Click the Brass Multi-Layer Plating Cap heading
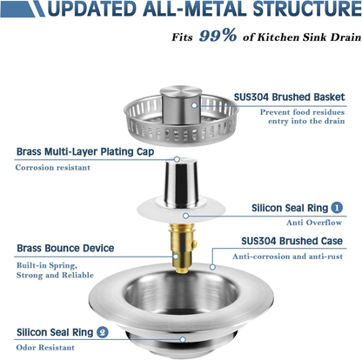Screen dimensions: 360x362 pyautogui.click(x=86, y=150)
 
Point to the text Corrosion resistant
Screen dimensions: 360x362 pyautogui.click(x=55, y=167)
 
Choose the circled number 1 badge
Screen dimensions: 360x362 pyautogui.click(x=336, y=208)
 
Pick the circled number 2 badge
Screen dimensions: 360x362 pyautogui.click(x=103, y=331)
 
